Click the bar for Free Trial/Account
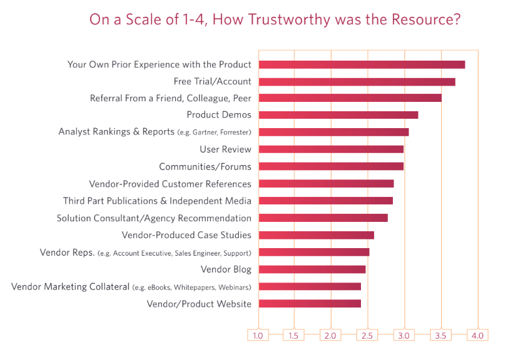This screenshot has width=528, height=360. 357,81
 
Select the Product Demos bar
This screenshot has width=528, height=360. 338,115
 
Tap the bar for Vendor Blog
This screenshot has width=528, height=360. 312,269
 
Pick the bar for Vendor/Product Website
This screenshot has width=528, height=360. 310,304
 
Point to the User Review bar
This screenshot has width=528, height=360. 331,149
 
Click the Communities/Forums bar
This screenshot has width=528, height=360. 331,166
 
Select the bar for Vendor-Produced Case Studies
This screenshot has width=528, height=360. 317,235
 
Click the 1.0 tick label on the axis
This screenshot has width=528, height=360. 258,336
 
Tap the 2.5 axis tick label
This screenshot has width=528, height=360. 367,336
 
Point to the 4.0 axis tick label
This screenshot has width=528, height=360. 478,336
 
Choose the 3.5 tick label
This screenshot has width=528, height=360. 441,336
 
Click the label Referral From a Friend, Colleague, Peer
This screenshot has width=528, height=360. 170,98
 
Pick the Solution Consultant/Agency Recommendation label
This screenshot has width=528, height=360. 154,218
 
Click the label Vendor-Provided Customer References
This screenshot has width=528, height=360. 170,184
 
